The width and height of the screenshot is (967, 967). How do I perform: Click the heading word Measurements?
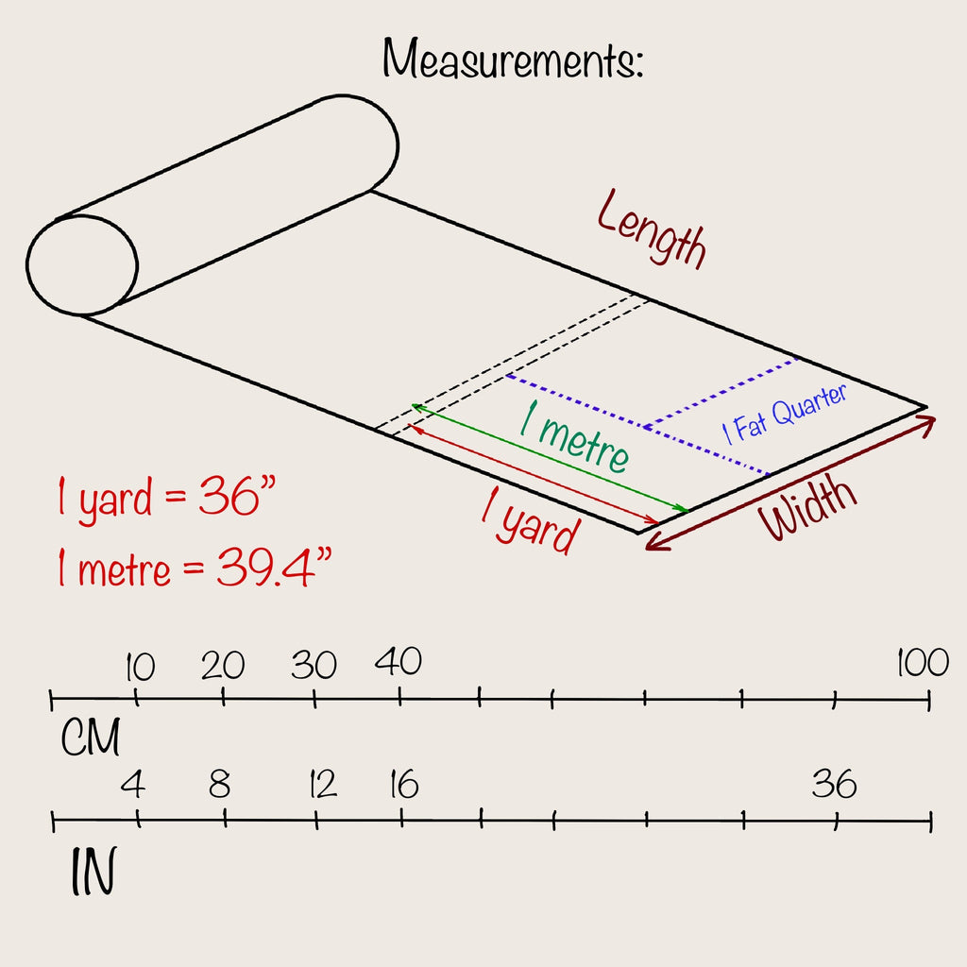(513, 59)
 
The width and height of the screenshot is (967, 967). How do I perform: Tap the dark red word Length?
(652, 229)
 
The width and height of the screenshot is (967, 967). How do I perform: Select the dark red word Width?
(808, 507)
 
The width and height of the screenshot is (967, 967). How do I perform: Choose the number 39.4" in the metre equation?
(274, 567)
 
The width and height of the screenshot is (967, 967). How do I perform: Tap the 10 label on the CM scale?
(140, 667)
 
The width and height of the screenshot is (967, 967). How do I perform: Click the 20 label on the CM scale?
(223, 666)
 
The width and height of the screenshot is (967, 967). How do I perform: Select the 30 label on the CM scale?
(314, 665)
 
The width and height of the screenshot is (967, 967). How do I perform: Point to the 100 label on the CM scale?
(923, 662)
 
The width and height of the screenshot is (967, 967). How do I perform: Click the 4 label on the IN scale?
(133, 785)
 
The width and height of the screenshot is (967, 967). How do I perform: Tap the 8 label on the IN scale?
(220, 785)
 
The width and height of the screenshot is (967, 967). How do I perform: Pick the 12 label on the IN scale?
(323, 785)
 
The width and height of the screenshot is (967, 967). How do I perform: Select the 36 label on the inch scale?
(835, 783)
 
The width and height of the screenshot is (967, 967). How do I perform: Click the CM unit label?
(91, 737)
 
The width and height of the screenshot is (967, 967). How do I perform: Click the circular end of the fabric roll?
(82, 265)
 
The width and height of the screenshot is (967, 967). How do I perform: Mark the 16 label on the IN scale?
(404, 785)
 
